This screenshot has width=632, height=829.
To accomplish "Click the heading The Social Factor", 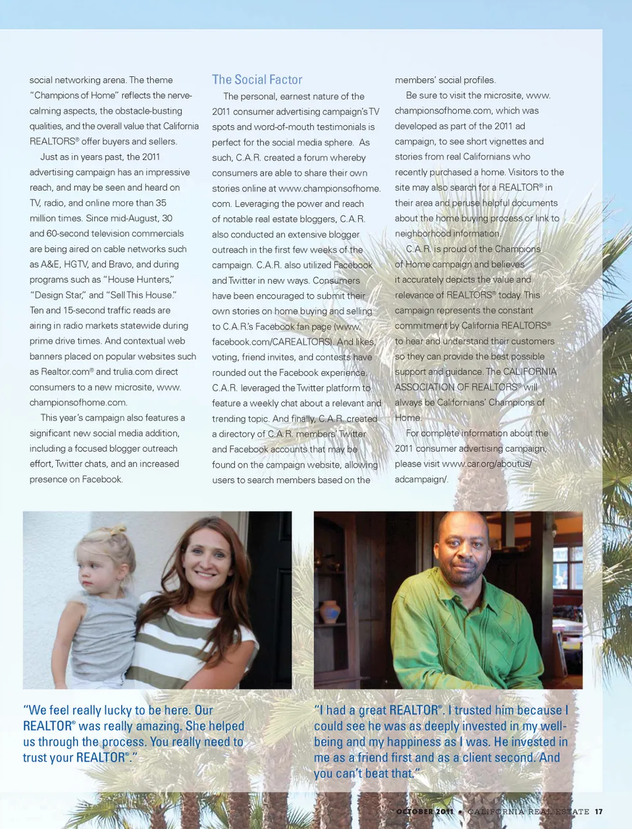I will pos(257,80).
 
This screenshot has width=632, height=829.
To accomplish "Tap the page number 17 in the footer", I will pos(598,812).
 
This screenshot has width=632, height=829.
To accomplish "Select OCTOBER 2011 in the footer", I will pos(425,812).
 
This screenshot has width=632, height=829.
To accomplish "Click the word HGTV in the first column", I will pos(75,264).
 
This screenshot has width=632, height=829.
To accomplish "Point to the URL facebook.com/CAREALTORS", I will pos(272,342).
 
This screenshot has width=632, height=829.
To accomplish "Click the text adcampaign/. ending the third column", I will pos(421,480).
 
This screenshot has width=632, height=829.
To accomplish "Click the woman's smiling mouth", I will pos(206,574).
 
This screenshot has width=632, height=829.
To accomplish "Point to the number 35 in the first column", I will pos(161,203).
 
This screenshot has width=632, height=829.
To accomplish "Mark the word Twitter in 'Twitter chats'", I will pos(69,464).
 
